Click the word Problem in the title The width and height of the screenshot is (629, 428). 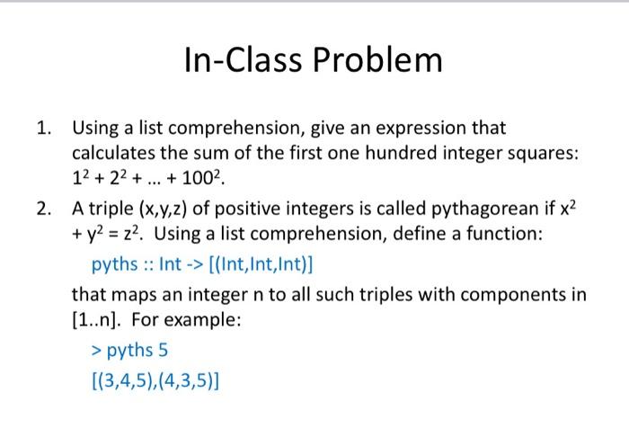(x=377, y=60)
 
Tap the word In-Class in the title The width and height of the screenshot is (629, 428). (x=243, y=60)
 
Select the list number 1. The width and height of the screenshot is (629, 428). (x=43, y=129)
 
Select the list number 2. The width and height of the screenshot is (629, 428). (x=43, y=209)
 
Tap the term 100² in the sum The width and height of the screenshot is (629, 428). (x=201, y=177)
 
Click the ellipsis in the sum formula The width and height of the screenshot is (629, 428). (x=154, y=183)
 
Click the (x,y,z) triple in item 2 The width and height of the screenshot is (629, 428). (x=163, y=210)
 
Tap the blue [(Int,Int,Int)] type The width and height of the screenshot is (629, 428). (x=261, y=264)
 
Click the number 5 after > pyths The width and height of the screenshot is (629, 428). (x=163, y=351)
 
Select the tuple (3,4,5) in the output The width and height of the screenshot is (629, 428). (x=125, y=381)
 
